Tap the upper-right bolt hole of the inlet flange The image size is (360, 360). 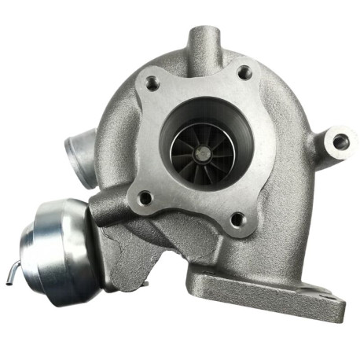[x=244, y=73]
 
